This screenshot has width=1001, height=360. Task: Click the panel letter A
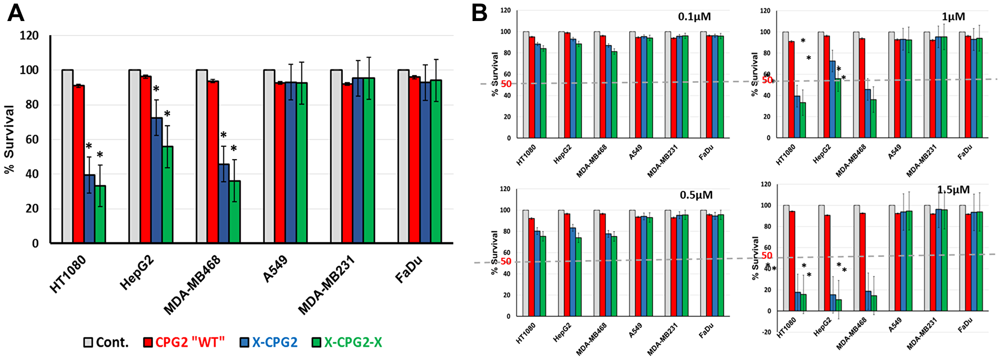[16, 13]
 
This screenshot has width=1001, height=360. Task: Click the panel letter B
[479, 13]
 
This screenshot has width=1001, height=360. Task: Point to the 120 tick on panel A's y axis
[29, 36]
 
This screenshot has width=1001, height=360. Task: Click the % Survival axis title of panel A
[9, 140]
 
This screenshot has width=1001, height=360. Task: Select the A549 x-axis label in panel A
[275, 269]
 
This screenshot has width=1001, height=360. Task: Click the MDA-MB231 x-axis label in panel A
[326, 285]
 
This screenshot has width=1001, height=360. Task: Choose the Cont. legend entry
[106, 342]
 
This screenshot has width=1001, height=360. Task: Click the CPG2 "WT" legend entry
[184, 342]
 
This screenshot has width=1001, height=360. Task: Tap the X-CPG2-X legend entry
[347, 342]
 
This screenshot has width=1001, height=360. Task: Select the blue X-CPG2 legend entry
[269, 342]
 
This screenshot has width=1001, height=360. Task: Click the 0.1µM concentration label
[694, 17]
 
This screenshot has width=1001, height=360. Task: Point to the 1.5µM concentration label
[953, 190]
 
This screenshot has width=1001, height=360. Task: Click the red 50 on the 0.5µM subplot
[506, 261]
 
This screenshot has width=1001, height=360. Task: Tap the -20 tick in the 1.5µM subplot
[766, 332]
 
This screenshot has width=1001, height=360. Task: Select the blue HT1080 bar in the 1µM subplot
[797, 117]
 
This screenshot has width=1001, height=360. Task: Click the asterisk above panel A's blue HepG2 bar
[156, 90]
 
